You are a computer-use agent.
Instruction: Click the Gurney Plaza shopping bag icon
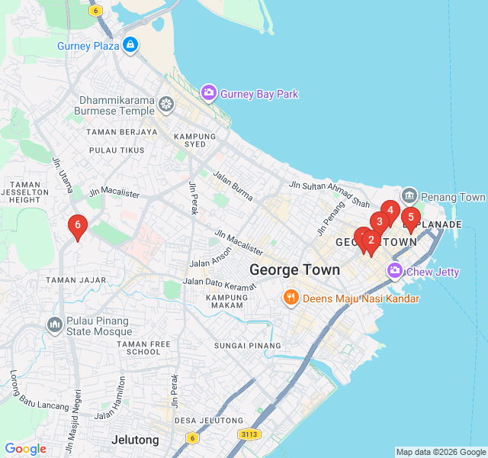click(x=130, y=45)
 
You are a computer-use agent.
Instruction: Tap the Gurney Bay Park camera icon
click(x=208, y=93)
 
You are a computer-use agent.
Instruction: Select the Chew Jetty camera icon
click(x=395, y=270)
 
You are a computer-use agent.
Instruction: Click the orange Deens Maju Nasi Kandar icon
click(x=290, y=298)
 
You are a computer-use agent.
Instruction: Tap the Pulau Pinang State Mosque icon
click(x=54, y=325)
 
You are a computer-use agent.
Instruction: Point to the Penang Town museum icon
click(x=409, y=196)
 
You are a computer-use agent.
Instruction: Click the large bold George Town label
click(x=295, y=269)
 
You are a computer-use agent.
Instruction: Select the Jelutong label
click(x=135, y=440)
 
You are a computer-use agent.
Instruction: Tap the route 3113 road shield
click(x=249, y=434)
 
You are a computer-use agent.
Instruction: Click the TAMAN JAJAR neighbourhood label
click(x=75, y=280)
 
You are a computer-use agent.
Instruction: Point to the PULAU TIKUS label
click(x=117, y=150)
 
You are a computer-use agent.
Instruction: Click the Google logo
click(x=25, y=449)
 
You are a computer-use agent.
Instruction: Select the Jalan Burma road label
click(x=233, y=186)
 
